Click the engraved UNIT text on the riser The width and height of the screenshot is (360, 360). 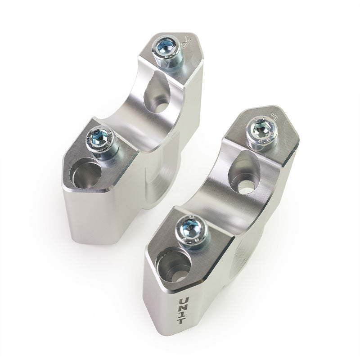pos(184,310)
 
